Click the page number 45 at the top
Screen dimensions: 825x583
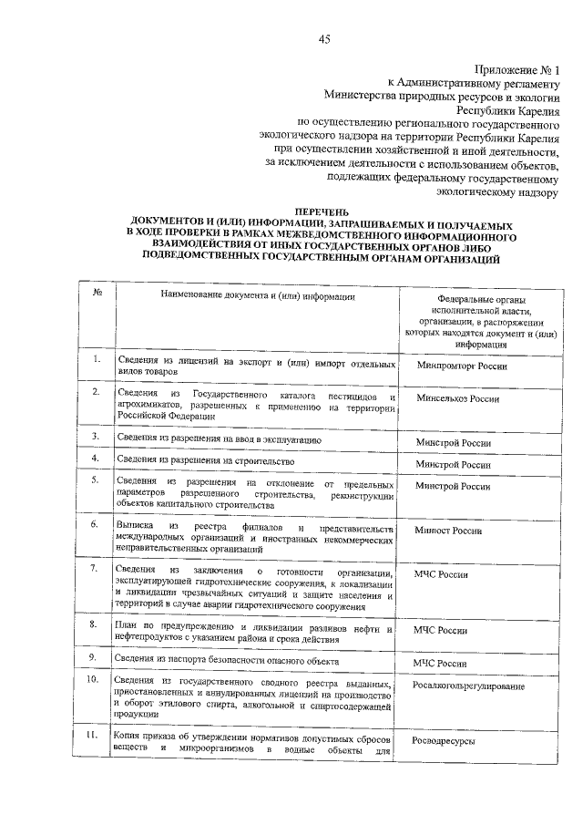tap(325, 36)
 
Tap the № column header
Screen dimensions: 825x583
tap(97, 294)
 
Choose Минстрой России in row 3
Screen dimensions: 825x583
tap(453, 442)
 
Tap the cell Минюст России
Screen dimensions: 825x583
tap(447, 531)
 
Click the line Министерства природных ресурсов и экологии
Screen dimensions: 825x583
tap(445, 94)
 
